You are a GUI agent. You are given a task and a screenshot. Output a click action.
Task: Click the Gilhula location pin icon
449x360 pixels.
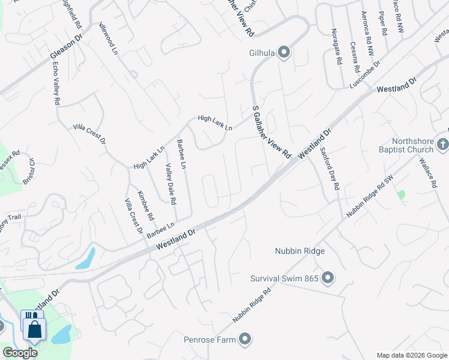point(284,53)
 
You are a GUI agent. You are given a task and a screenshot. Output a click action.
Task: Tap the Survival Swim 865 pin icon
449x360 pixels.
point(327,278)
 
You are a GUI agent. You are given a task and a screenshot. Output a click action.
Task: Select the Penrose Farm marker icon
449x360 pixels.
point(244,340)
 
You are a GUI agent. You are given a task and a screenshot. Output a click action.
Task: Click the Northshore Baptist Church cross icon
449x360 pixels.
point(442,145)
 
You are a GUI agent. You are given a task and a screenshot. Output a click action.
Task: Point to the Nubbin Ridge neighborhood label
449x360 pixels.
point(300,251)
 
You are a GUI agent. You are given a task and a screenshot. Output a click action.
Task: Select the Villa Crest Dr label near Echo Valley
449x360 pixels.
point(89,133)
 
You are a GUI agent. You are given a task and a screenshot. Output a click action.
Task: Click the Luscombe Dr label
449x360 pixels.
point(365,74)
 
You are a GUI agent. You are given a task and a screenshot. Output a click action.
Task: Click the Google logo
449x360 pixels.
point(20,353)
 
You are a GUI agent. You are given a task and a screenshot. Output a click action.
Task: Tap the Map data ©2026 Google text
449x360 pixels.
point(412,355)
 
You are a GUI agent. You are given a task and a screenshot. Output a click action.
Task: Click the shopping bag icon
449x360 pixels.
point(35,329)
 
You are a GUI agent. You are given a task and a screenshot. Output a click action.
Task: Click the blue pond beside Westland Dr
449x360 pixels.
point(85,258)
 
